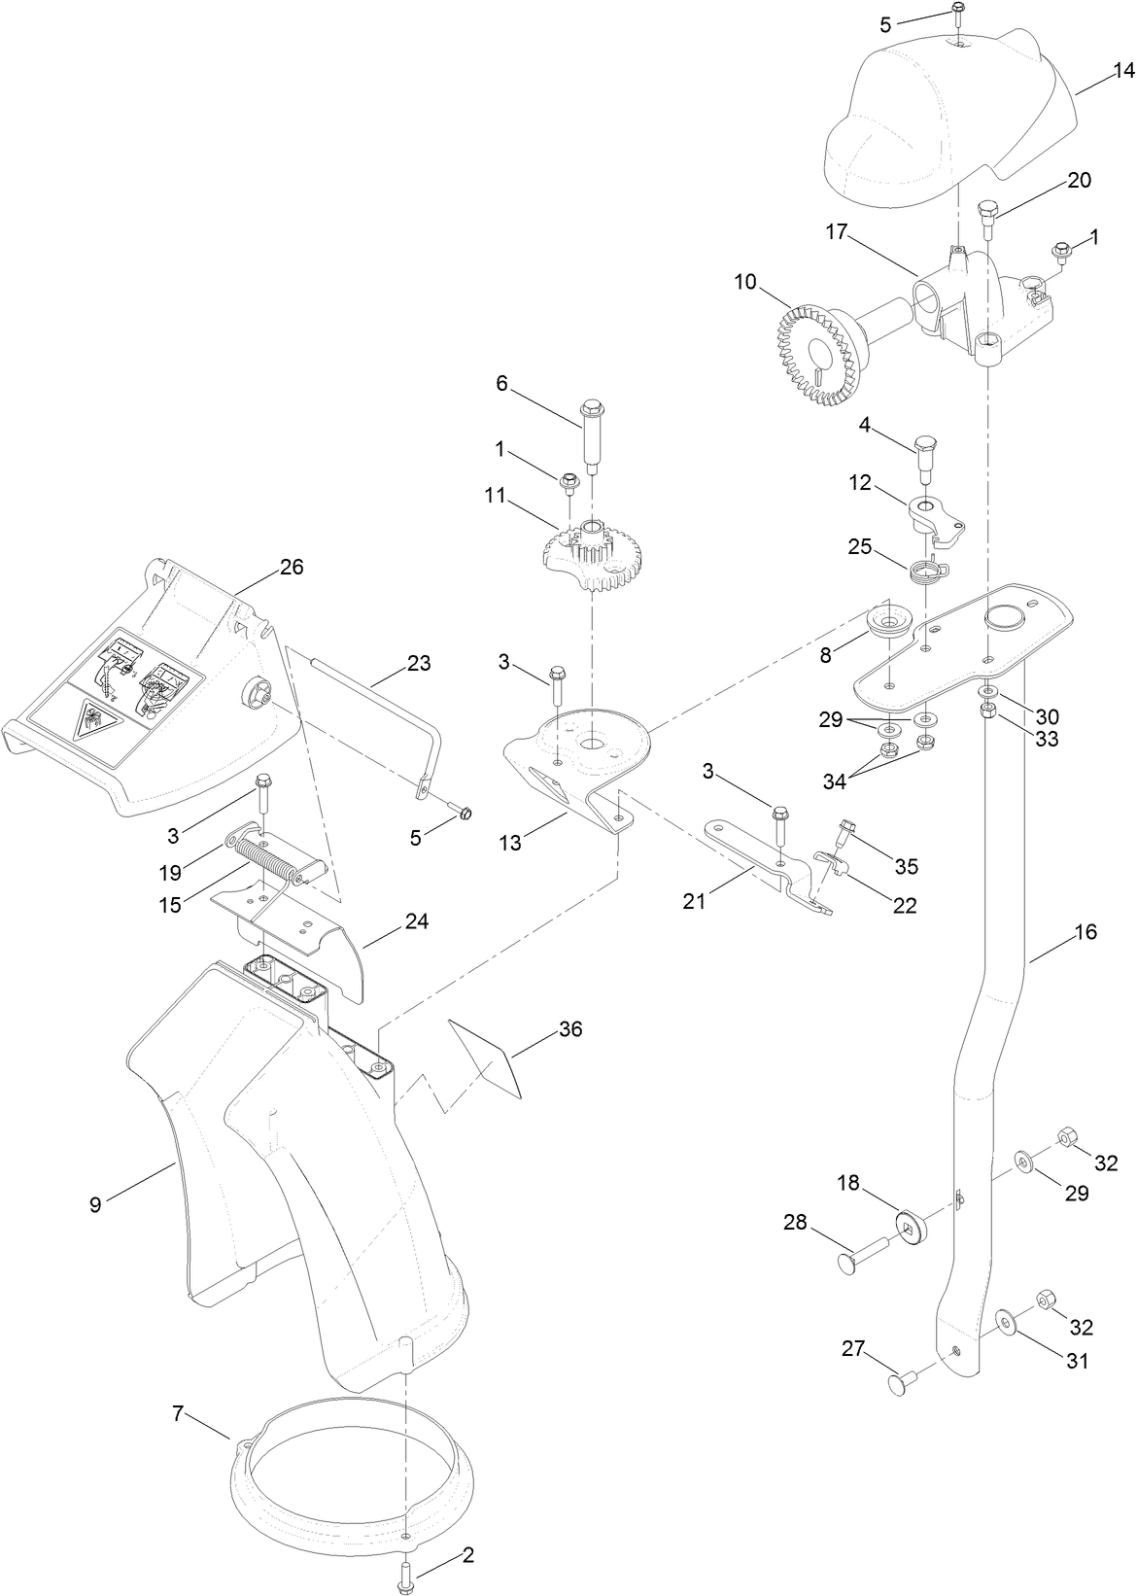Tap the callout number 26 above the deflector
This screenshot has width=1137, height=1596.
pos(291,567)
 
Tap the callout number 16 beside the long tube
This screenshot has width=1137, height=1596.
pos(1085,931)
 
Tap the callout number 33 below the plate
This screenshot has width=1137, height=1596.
pos(1046,738)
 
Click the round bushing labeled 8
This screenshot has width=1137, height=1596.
pos(886,622)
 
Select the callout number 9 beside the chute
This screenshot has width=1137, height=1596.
pos(95,1204)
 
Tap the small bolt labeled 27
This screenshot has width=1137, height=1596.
pos(907,1381)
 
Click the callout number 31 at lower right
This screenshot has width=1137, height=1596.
pos(1077,1361)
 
